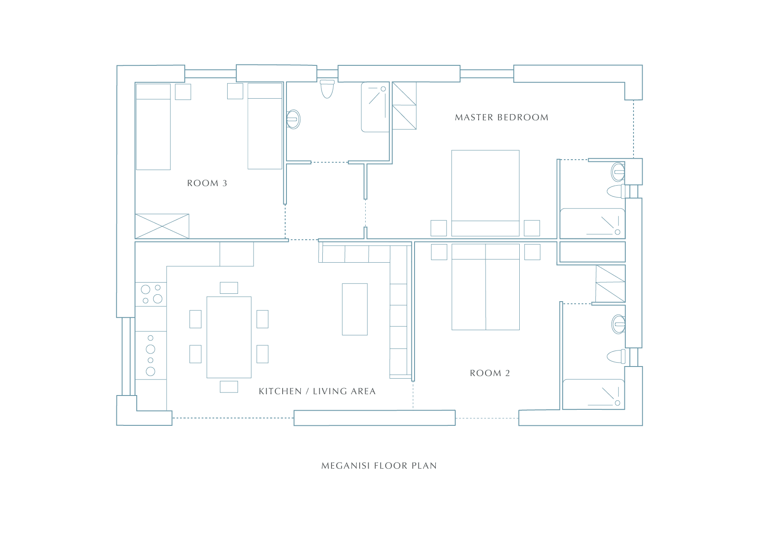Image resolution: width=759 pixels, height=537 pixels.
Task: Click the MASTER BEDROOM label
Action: pyautogui.click(x=502, y=117)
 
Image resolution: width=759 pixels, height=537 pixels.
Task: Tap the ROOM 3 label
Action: pyautogui.click(x=207, y=183)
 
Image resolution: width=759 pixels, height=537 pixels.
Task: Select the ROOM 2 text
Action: pyautogui.click(x=490, y=373)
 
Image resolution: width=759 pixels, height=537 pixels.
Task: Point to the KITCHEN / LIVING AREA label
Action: pyautogui.click(x=317, y=391)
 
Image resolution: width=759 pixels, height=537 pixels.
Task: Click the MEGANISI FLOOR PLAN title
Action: pyautogui.click(x=379, y=466)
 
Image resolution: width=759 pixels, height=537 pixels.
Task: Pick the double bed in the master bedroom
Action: pyautogui.click(x=486, y=193)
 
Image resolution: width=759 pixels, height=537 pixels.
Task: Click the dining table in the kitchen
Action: pyautogui.click(x=229, y=337)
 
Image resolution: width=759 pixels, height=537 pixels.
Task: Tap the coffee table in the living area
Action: pyautogui.click(x=355, y=309)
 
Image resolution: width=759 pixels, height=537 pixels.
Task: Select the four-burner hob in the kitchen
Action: pyautogui.click(x=151, y=294)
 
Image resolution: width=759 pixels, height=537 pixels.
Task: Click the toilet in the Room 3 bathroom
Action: pyautogui.click(x=327, y=89)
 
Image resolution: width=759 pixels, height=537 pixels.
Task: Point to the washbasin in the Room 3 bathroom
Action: pyautogui.click(x=293, y=119)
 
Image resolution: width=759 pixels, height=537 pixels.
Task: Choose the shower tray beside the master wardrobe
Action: pyautogui.click(x=375, y=107)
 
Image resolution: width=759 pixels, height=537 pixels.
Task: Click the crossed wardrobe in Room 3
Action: pyautogui.click(x=162, y=226)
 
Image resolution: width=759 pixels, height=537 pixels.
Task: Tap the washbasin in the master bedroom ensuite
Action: pyautogui.click(x=618, y=172)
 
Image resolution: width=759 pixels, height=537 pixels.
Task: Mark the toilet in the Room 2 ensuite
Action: pyautogui.click(x=616, y=357)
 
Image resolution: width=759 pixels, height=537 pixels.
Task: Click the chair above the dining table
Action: pyautogui.click(x=229, y=288)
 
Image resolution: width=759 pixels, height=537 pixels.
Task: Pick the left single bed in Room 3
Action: pyautogui.click(x=153, y=126)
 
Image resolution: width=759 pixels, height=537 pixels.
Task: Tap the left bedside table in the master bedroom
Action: pyautogui.click(x=439, y=228)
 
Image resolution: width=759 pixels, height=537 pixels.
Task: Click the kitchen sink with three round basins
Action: pyautogui.click(x=151, y=355)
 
